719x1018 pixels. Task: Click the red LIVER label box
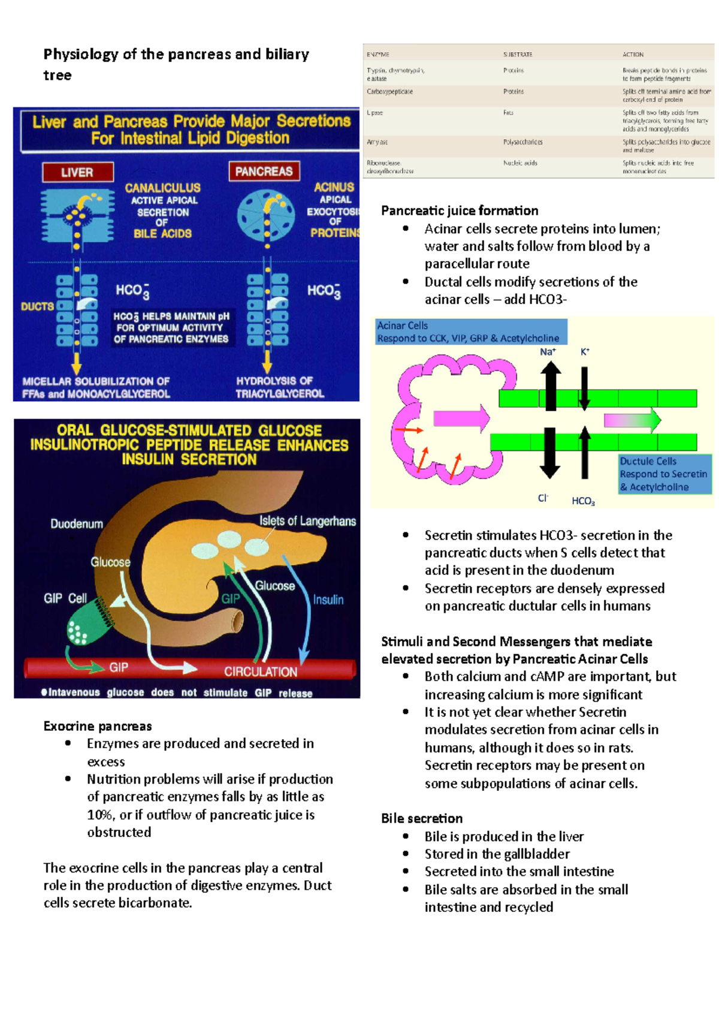pyautogui.click(x=77, y=173)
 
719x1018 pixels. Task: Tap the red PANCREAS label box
pyautogui.click(x=264, y=171)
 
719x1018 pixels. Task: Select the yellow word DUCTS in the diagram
pyautogui.click(x=37, y=306)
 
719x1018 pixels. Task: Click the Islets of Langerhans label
pyautogui.click(x=307, y=521)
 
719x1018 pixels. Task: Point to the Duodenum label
pyautogui.click(x=77, y=524)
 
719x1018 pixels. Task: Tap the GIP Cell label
pyautogui.click(x=65, y=598)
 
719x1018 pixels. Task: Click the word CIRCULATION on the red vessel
pyautogui.click(x=261, y=671)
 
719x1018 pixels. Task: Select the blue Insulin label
pyautogui.click(x=328, y=600)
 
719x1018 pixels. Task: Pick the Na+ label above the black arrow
pyautogui.click(x=548, y=352)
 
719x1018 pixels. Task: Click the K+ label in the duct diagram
pyautogui.click(x=585, y=352)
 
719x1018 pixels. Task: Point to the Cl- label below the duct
pyautogui.click(x=543, y=498)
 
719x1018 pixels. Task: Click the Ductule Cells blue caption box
pyautogui.click(x=665, y=474)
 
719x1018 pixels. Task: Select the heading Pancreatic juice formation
pyautogui.click(x=460, y=210)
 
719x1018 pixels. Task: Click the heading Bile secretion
pyautogui.click(x=422, y=818)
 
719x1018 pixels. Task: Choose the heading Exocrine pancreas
pyautogui.click(x=98, y=726)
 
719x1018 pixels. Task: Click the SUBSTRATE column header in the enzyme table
pyautogui.click(x=518, y=55)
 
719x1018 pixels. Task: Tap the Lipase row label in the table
pyautogui.click(x=374, y=113)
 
